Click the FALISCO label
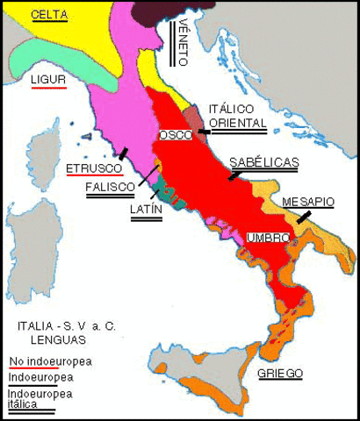point(110,187)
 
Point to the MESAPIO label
point(307,201)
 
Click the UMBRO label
point(263,238)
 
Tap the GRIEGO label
point(280,373)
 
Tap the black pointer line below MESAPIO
point(303,216)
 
